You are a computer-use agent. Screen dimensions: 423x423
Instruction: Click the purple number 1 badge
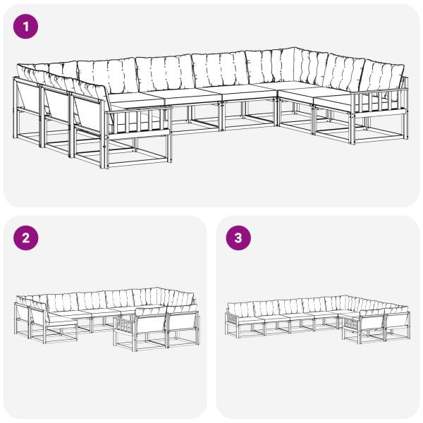[x=25, y=27]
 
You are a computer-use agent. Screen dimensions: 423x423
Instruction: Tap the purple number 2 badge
[x=25, y=238]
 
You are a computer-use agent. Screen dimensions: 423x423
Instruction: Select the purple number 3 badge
[x=238, y=238]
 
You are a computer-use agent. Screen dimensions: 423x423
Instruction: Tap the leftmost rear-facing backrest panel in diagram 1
[x=27, y=98]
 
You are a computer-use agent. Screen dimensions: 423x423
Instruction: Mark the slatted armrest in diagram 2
[x=125, y=324]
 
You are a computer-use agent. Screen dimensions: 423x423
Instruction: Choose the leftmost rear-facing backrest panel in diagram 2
[x=22, y=312]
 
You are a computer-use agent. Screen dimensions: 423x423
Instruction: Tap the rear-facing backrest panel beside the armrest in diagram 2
[x=150, y=324]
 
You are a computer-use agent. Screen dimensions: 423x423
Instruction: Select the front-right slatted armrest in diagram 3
[x=352, y=324]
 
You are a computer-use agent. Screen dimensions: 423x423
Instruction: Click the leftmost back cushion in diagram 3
[x=240, y=309]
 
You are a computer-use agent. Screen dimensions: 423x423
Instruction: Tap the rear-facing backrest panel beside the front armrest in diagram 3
[x=372, y=324]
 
